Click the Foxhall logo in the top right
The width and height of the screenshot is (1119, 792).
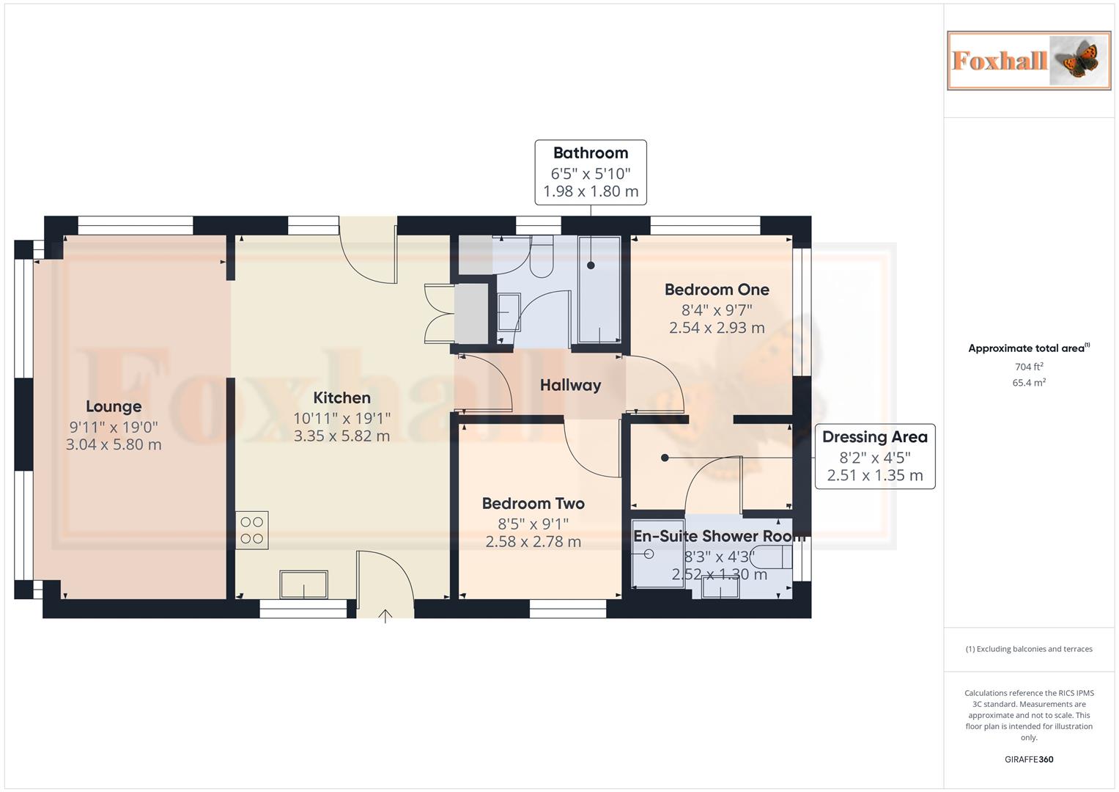tap(1028, 60)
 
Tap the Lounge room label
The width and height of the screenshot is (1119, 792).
tap(114, 406)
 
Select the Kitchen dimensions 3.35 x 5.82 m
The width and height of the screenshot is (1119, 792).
tap(341, 436)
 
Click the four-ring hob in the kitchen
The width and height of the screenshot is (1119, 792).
tap(252, 530)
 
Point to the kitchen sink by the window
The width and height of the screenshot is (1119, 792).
tap(303, 585)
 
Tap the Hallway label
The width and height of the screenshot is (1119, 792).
tap(570, 385)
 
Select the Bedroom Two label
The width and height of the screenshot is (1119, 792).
tap(533, 503)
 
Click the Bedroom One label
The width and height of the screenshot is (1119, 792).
tap(716, 290)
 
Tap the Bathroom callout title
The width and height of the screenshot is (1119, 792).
tap(590, 153)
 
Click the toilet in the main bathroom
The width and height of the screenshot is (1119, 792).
tap(542, 257)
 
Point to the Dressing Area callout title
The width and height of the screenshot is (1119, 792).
tap(874, 437)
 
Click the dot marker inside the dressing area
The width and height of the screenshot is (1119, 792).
tap(665, 458)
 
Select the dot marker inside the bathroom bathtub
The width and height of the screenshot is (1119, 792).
tap(591, 265)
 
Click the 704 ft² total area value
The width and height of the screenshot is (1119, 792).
tap(1028, 367)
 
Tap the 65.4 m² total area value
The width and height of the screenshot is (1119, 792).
tap(1028, 383)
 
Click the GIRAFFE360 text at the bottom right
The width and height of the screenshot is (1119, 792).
tap(1028, 759)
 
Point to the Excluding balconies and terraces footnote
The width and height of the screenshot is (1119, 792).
tap(1028, 649)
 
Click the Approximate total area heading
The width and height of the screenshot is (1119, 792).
tap(1027, 348)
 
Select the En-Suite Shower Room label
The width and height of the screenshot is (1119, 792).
tap(718, 536)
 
